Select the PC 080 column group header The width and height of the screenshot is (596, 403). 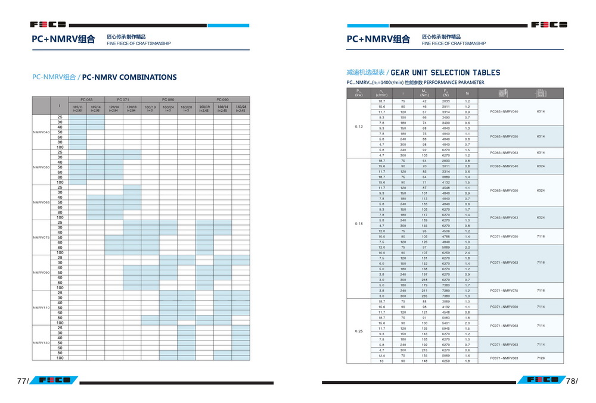coord(168,99)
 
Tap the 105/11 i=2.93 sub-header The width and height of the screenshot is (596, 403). coord(77,109)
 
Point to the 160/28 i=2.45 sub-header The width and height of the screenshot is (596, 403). coord(241,109)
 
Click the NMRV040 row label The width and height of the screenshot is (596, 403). coord(42,132)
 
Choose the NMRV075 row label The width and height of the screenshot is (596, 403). coord(42,238)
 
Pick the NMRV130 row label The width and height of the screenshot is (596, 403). coord(42,343)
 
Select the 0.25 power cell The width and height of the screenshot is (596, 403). coord(359,331)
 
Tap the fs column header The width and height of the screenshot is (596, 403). coord(467,93)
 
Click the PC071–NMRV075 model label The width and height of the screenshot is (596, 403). coord(504,290)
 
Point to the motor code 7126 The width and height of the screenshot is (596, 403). coord(541,358)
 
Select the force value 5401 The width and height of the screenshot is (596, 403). coord(446,323)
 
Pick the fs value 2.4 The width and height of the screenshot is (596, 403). coord(467,253)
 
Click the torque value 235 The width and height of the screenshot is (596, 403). coord(424,296)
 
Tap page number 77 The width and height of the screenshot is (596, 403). coord(22,382)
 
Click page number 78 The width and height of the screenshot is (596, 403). coord(572,382)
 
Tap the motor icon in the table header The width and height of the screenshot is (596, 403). coord(502,93)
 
